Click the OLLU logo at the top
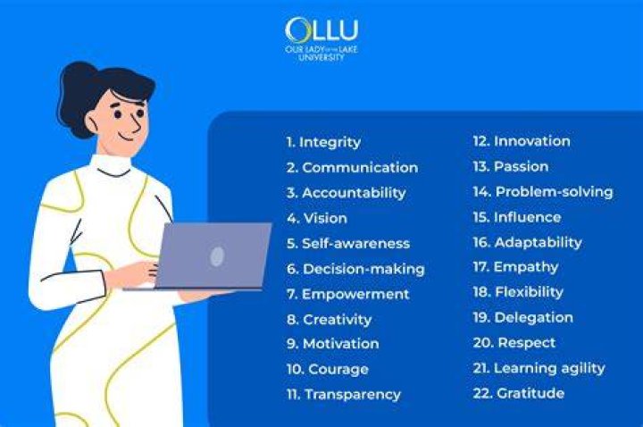pos(321,38)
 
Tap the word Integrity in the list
pos(330,142)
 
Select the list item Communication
pos(360,167)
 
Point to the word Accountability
pos(354,193)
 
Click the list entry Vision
pos(325,218)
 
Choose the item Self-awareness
pos(356,244)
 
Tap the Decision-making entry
pos(363,269)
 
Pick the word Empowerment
pos(355,295)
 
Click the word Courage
pos(338,369)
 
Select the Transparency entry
pos(353,395)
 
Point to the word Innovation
pos(532,141)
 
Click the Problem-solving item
pos(554,192)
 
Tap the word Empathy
pos(526,267)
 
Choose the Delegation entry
pos(533,318)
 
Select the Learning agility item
pos(549,368)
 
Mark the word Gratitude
pos(530,393)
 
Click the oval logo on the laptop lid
pos(217,256)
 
